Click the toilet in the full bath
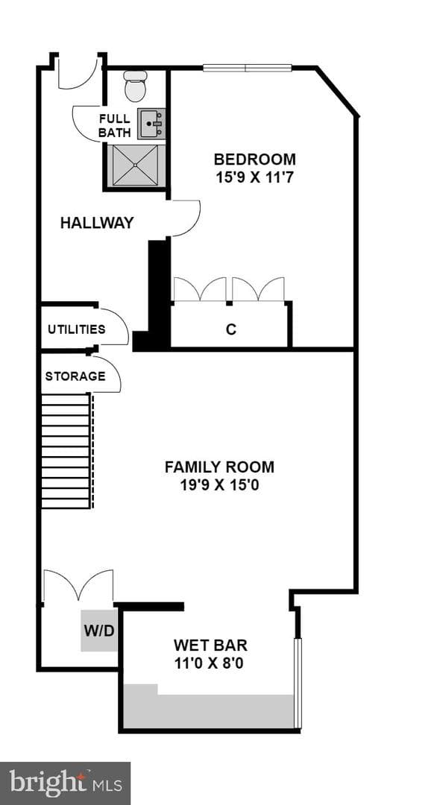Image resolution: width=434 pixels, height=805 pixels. pos(136,86)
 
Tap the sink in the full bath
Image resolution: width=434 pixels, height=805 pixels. pos(151,123)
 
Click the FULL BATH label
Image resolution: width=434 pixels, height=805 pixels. pos(115,126)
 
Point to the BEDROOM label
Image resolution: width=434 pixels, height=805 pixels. pos(255,159)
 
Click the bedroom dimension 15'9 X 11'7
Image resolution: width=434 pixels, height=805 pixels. pos(255,178)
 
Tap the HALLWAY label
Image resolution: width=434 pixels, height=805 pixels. pos(97,223)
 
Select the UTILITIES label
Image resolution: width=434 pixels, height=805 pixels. pos(77,329)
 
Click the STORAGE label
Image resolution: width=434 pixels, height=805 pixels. pos(75,376)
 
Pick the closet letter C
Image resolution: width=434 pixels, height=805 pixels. pos(231,329)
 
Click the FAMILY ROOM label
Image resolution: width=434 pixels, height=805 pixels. pos(219,467)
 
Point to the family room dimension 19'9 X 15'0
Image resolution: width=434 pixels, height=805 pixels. pos(219,485)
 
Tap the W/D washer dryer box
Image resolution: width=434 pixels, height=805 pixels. pos(99,631)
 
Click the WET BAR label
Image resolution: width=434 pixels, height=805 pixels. pos(210,645)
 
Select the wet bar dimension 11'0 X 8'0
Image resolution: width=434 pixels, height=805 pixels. pos(209,664)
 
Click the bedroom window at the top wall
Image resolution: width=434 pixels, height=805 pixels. pos(247,67)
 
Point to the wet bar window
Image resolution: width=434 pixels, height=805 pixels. pos(297,684)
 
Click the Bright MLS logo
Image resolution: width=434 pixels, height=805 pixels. pos(65,783)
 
